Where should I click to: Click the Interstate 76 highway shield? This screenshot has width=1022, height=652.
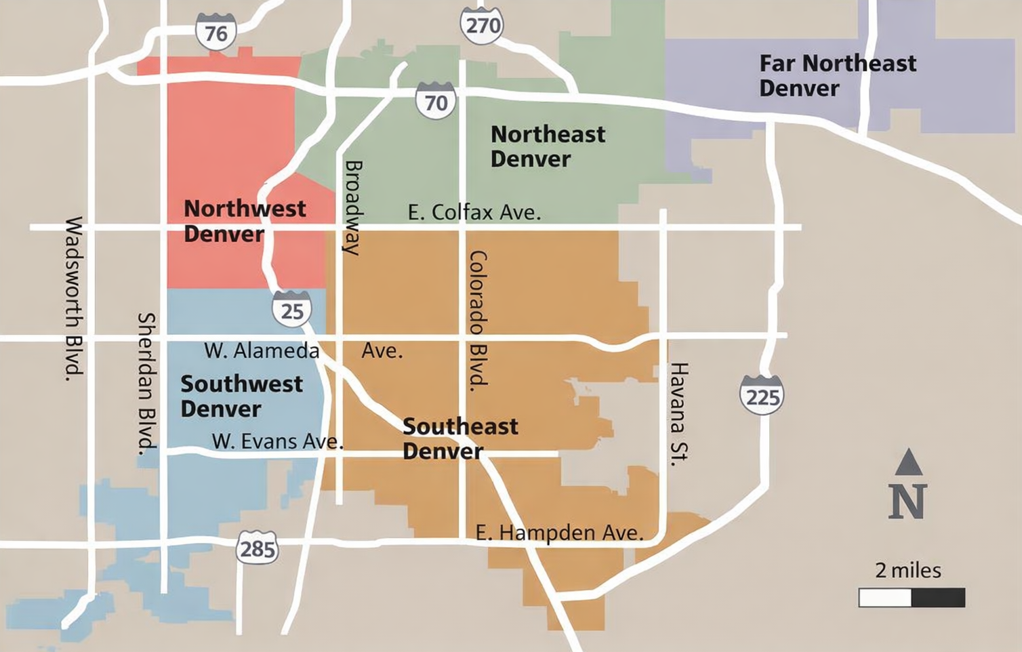coord(216,32)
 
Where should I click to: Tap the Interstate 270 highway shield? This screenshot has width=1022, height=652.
coord(482,26)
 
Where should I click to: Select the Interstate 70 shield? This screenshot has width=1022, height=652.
coord(435,102)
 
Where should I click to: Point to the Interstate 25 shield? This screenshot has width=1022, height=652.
coord(292,310)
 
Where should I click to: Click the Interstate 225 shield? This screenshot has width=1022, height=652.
coord(762,396)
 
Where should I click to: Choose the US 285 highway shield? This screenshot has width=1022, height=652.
coord(258,548)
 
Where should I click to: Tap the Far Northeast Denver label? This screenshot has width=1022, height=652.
coord(837,75)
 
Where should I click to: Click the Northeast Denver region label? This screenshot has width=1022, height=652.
coord(547,146)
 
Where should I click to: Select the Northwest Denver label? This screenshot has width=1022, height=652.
coord(244,221)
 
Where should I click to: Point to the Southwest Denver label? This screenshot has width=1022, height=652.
coord(241,396)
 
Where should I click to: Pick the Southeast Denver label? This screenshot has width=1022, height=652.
coord(459,439)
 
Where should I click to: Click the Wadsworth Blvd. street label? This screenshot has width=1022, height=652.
coord(75,298)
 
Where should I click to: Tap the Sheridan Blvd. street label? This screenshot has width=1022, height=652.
coord(146,383)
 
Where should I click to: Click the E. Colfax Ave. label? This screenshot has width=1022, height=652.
coord(474,212)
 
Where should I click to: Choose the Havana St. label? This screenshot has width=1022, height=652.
coord(678,413)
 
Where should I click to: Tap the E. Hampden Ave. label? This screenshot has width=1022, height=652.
coord(559,533)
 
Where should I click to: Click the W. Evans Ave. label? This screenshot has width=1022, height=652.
coord(277,441)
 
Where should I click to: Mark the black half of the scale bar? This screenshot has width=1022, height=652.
coord(938,598)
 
